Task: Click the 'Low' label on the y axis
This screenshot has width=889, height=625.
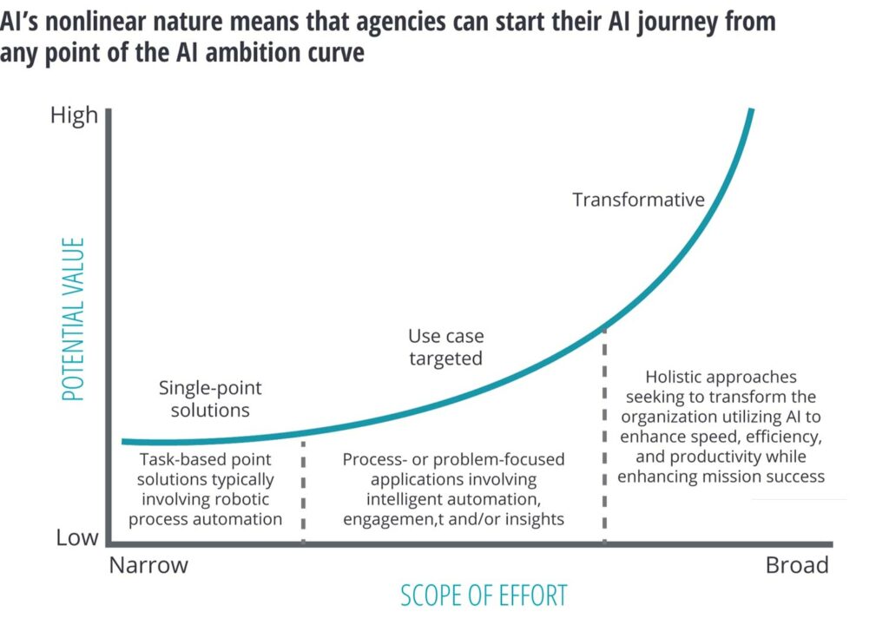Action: [77, 538]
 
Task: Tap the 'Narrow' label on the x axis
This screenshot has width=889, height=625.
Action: [148, 566]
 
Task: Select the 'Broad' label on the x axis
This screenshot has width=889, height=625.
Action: [796, 566]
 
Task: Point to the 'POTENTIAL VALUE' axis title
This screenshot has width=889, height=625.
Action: [74, 319]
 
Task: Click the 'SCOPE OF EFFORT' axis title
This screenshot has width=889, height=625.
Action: [484, 596]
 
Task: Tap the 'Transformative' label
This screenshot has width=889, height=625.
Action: [638, 200]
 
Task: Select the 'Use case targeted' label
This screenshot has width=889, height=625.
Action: [445, 347]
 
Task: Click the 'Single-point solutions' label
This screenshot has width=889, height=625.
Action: [210, 398]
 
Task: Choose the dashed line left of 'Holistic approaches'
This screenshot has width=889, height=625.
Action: [604, 434]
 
